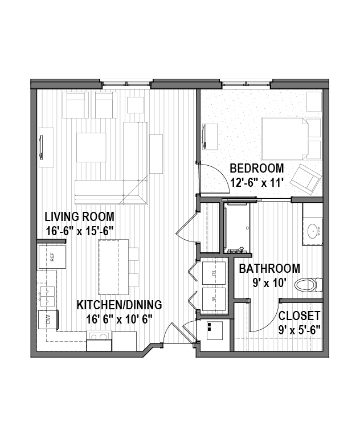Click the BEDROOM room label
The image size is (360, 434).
pos(257,168)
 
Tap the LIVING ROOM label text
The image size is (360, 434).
pos(80,216)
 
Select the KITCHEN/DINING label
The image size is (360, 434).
pos(120,305)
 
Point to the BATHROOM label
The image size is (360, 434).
pos(269,268)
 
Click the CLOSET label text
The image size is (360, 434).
pos(300,316)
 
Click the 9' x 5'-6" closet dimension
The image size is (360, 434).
pos(300,330)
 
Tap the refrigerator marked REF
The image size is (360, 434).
pos(52,257)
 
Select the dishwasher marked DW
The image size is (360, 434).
pos(48,320)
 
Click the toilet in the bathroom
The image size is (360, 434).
pos(308,285)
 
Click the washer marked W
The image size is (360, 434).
pos(214,299)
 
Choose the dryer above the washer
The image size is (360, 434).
pos(214,273)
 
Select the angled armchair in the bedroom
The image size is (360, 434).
pos(306,179)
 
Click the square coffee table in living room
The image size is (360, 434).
pos(91,148)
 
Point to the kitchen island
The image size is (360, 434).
pos(113,267)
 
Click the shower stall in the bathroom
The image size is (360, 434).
pos(237,227)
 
